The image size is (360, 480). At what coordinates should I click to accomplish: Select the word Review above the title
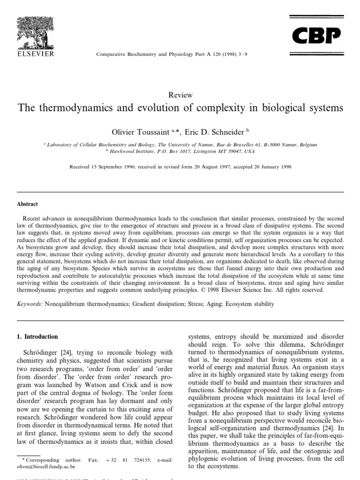[x=180, y=95]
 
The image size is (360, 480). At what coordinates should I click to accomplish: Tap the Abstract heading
[x=28, y=204]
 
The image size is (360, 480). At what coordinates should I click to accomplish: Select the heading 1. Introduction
[x=37, y=337]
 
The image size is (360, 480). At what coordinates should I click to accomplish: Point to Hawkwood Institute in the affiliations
[x=132, y=151]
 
